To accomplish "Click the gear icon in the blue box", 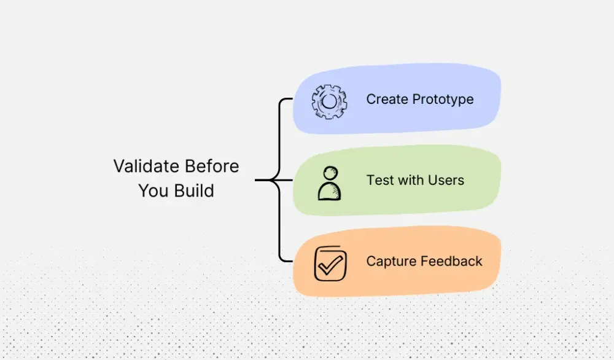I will tap(329, 101).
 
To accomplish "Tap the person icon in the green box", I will tap(329, 182).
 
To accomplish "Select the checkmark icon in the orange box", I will tap(330, 263).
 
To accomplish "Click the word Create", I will tap(387, 100).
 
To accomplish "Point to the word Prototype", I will tap(443, 100).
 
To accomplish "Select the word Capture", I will tap(390, 261).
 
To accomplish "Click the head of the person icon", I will tap(330, 172).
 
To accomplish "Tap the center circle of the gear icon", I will tap(330, 101).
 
